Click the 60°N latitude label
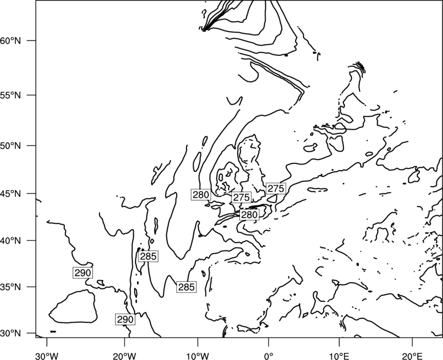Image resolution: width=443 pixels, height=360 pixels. point(11,40)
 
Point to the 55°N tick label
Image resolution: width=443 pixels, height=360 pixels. point(11,95)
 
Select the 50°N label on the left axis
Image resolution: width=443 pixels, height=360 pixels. point(11,146)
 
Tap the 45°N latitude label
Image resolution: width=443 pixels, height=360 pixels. point(11,194)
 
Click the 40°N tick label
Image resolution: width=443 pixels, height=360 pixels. point(11,241)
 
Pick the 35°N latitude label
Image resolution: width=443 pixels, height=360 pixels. point(11,287)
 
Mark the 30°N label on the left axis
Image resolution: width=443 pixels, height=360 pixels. point(11,333)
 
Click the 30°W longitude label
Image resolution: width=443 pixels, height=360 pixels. point(47,356)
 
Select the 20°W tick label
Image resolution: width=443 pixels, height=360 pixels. point(124,356)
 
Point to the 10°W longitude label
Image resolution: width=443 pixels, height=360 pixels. point(198,356)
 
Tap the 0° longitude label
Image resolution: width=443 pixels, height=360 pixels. point(269,356)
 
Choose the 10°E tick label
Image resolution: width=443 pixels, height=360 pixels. point(339,356)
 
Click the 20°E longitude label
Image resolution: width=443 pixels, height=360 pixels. point(412,356)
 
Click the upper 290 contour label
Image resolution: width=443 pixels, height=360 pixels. point(83,273)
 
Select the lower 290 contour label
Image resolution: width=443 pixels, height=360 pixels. point(125,320)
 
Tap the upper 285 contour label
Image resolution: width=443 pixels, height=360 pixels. point(148,256)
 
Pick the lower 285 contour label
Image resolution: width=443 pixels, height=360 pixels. point(186,287)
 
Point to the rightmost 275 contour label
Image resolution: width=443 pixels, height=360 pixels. point(276,188)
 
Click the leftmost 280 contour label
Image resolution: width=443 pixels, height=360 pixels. point(201,195)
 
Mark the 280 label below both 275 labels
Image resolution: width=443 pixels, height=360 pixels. point(249,215)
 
